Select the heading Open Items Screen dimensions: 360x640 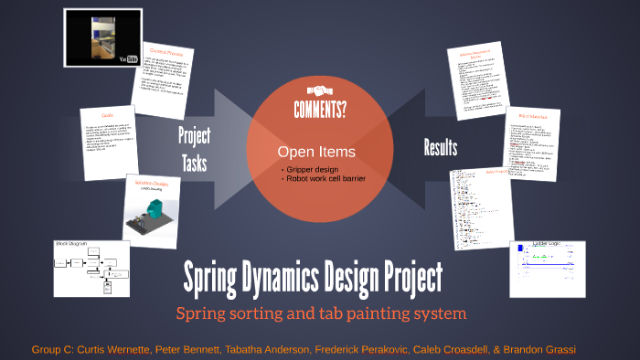(x=316, y=152)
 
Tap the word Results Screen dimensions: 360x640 (x=441, y=147)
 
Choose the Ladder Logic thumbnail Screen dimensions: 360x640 (x=547, y=269)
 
